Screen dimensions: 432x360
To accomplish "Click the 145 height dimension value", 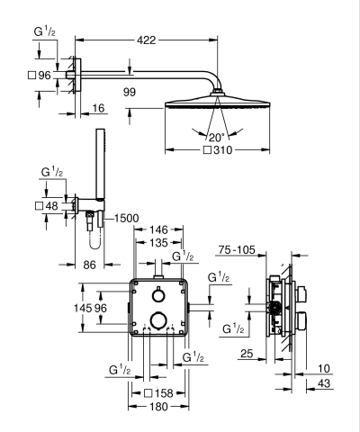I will tap(83, 309).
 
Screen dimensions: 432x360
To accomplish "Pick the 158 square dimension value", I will tap(163, 392).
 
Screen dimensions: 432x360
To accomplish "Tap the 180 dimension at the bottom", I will tap(158, 407).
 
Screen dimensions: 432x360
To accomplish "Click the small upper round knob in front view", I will tap(157, 296).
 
